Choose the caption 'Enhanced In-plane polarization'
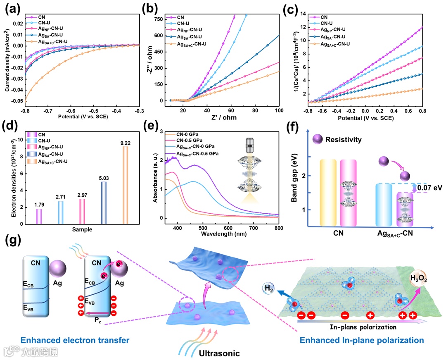tap(362, 341)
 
